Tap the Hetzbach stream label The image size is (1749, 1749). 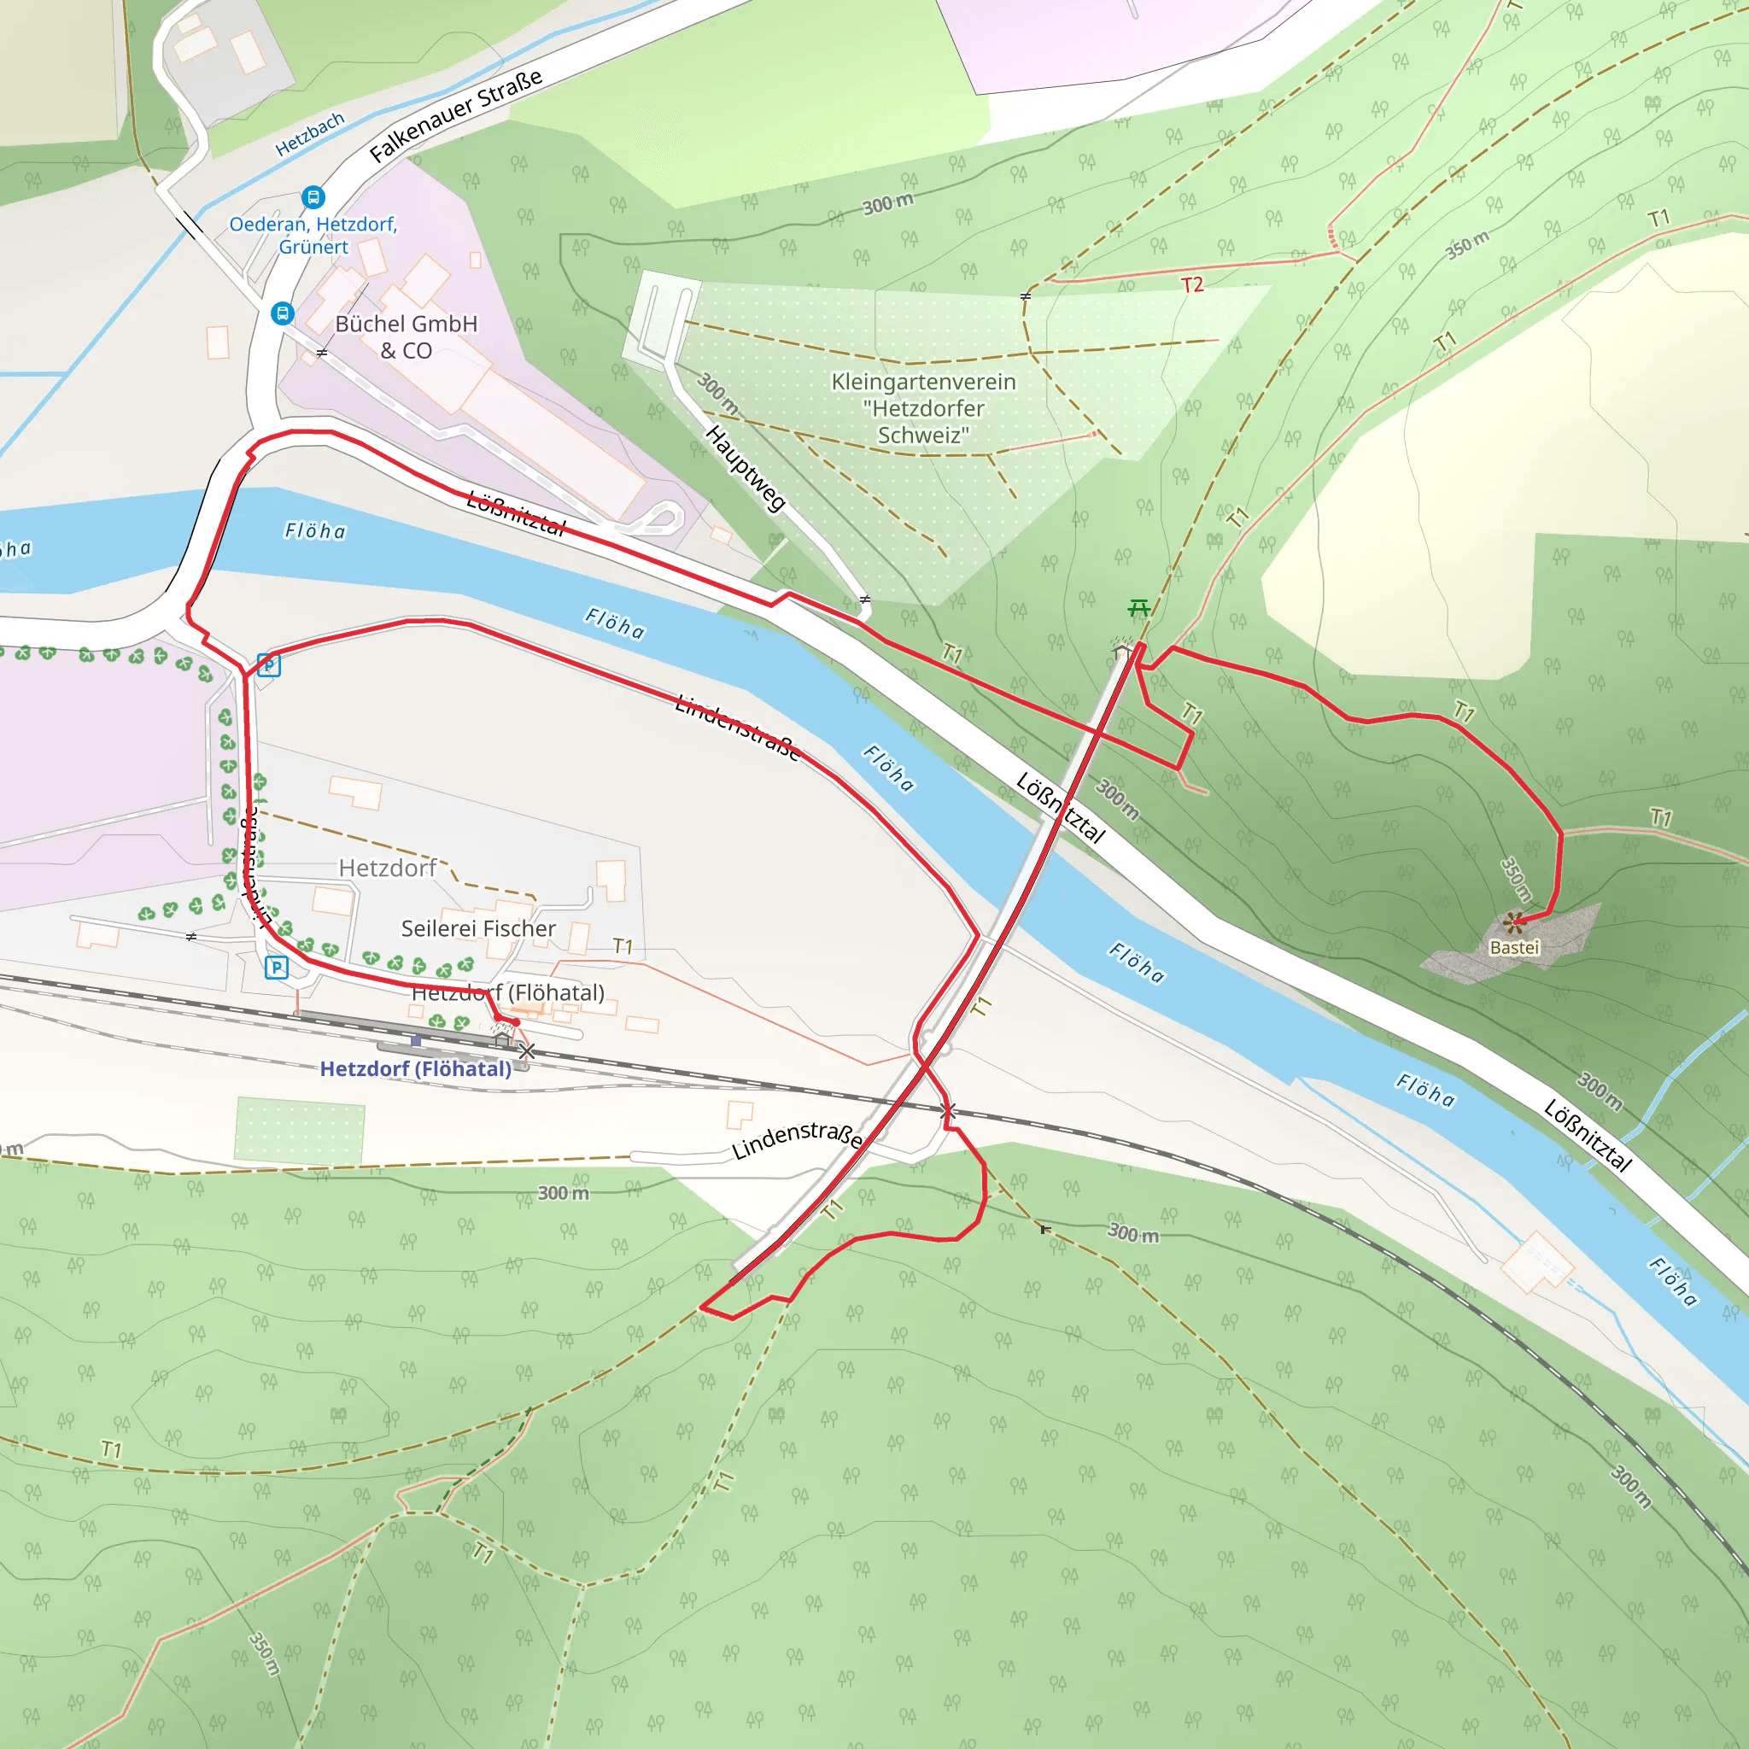(310, 133)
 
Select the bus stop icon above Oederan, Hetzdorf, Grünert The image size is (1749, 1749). (313, 196)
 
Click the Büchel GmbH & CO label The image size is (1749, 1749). (406, 336)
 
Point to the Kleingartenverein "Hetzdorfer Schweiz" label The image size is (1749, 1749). (923, 408)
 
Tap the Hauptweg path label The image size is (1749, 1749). (744, 468)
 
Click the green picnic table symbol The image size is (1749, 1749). (1139, 607)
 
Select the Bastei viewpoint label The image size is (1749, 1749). (1514, 948)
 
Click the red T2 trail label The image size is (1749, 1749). (1192, 285)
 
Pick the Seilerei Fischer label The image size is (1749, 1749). (478, 929)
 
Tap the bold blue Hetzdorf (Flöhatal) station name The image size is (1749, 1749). (416, 1069)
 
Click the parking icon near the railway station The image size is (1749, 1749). (276, 968)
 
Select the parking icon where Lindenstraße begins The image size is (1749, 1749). (269, 665)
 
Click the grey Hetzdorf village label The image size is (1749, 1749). (388, 869)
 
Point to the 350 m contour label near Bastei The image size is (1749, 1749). (1517, 880)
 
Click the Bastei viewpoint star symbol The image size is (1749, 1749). (1513, 922)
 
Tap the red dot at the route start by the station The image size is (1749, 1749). (515, 1022)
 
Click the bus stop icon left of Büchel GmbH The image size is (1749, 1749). (283, 313)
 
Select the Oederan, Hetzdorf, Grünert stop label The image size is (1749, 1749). (313, 236)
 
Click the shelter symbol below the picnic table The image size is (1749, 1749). (1121, 649)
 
